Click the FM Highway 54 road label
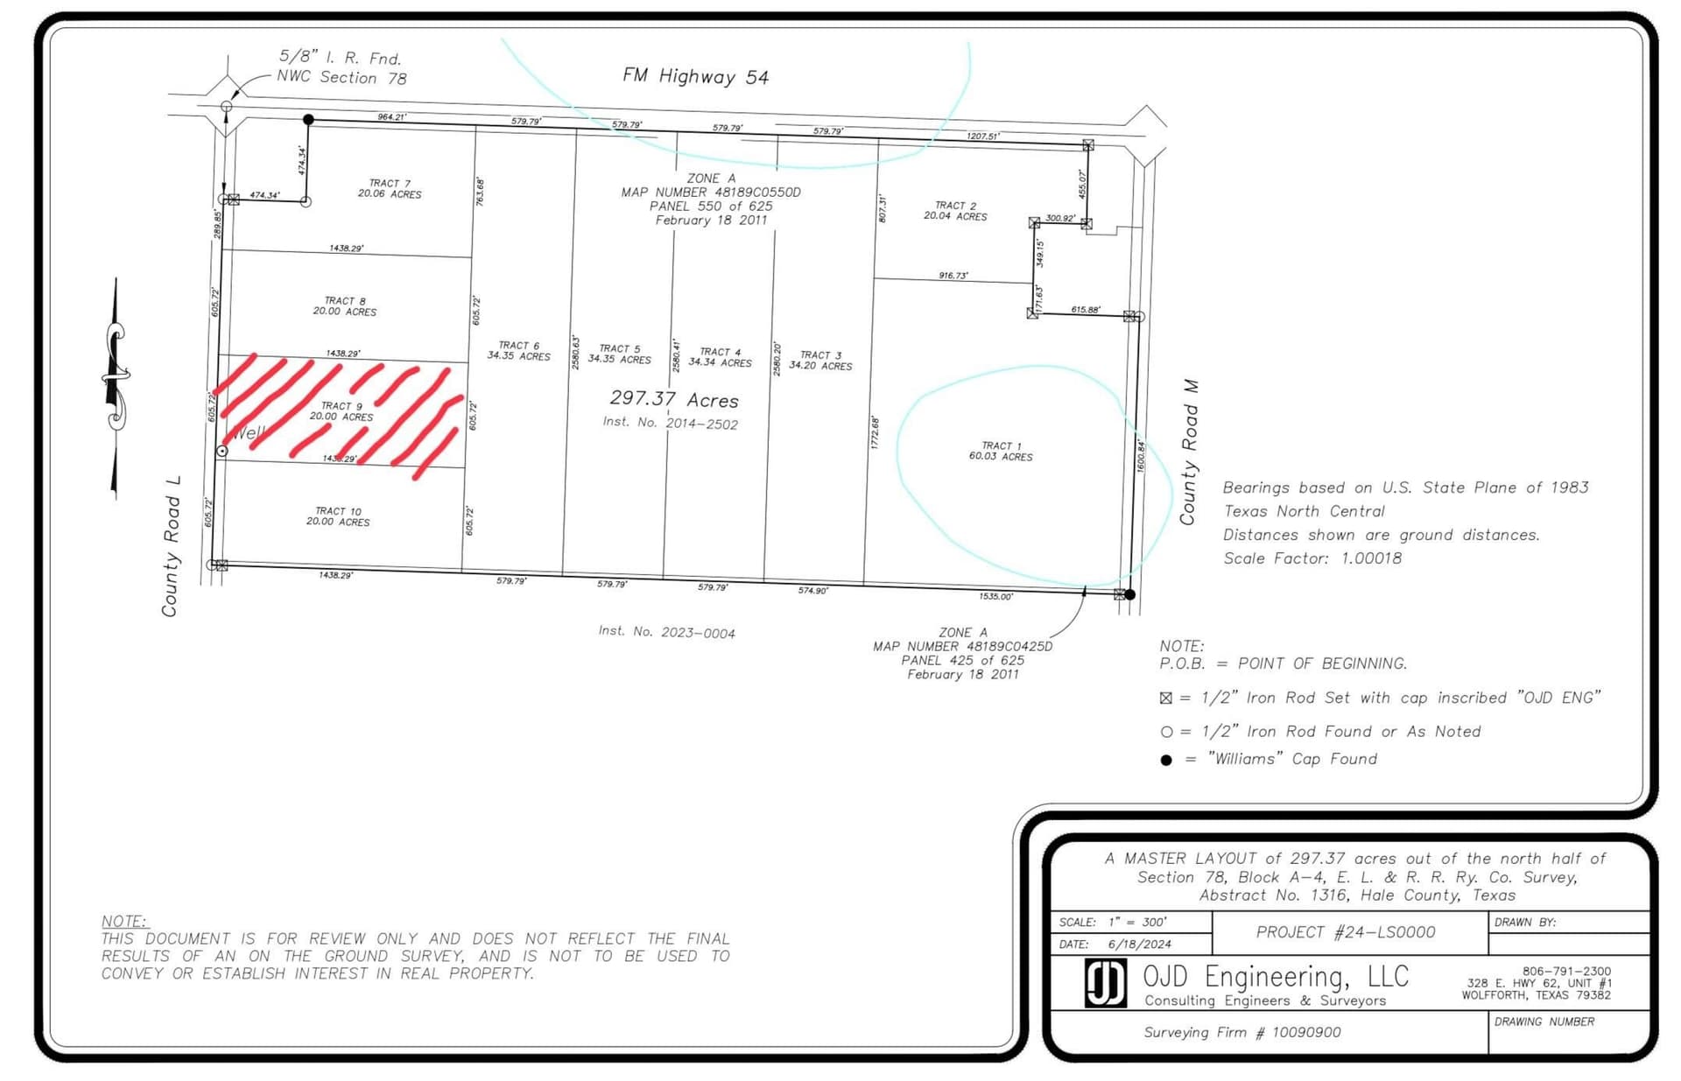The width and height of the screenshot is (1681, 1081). [695, 77]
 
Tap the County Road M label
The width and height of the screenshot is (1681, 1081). [1188, 452]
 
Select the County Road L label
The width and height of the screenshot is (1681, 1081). [171, 546]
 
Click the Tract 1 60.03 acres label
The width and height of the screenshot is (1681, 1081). [1001, 451]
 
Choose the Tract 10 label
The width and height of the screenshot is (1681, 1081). [338, 516]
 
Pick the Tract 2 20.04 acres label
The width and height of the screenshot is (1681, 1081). [954, 211]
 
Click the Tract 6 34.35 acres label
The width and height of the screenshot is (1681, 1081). [518, 351]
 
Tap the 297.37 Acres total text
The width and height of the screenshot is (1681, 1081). [673, 399]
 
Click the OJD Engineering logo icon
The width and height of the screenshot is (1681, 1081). [1105, 983]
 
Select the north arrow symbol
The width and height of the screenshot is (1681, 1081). [115, 385]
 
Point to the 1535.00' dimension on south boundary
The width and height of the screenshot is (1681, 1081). [995, 596]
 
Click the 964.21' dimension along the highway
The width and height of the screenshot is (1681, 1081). [391, 116]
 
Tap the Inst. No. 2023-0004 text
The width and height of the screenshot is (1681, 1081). [666, 632]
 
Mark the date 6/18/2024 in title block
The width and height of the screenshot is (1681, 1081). [1139, 944]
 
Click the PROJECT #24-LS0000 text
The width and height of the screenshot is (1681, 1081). [1345, 932]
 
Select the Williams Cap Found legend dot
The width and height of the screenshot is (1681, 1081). [1165, 760]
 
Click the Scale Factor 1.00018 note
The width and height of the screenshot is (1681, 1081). [1312, 558]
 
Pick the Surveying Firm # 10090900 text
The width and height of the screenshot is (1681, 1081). [1241, 1033]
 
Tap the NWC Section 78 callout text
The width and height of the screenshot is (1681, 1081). [341, 78]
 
